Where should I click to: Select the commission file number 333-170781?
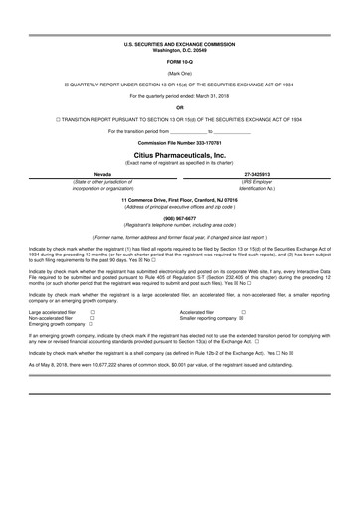(180, 146)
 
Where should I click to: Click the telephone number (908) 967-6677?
(180, 217)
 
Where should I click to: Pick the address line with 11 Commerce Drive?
(180, 200)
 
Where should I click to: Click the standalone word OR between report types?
(180, 107)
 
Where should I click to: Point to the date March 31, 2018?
(211, 96)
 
